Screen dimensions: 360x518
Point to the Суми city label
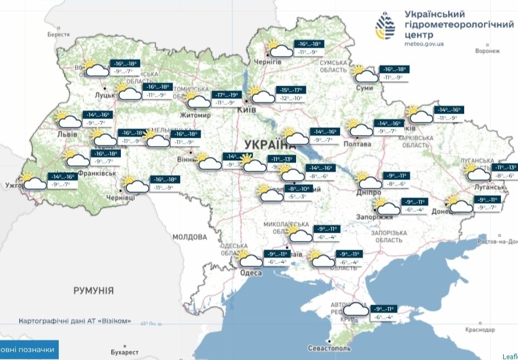point(364,88)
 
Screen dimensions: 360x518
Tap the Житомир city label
point(195,115)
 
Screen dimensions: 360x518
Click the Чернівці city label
point(115,197)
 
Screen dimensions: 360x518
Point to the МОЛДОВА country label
point(190,237)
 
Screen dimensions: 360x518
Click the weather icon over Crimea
point(355,311)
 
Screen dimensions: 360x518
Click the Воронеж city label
point(488,51)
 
